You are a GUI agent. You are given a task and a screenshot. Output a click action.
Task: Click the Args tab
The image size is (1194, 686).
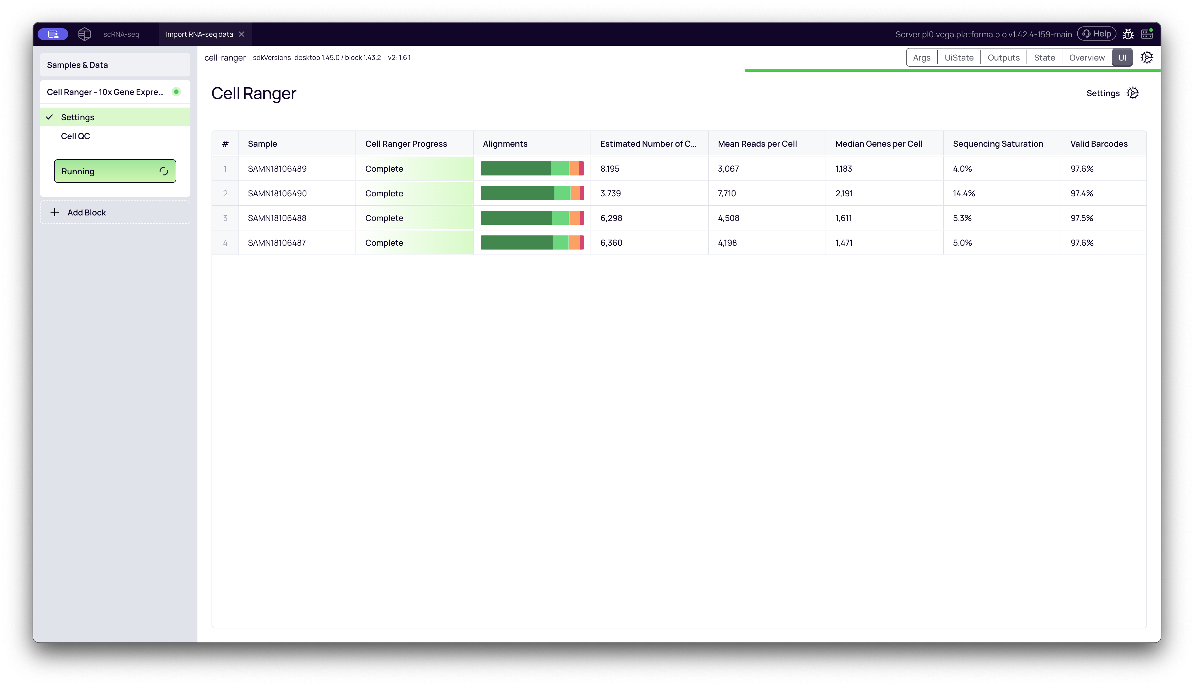pos(921,58)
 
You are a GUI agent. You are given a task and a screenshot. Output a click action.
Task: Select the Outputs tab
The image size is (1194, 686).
pos(1003,58)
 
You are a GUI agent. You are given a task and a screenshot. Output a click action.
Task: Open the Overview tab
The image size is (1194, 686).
pos(1087,58)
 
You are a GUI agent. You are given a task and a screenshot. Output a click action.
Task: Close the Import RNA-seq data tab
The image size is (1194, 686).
pos(242,34)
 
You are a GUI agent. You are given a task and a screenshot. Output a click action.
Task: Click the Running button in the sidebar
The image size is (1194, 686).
pos(115,171)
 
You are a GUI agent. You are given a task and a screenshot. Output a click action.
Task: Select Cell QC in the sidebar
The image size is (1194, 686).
pos(75,136)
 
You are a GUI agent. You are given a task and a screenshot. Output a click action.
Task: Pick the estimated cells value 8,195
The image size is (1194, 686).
pos(610,169)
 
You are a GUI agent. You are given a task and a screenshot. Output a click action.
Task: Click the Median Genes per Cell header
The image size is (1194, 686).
pos(878,144)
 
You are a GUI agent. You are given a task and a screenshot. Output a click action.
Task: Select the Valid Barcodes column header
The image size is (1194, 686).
pos(1099,144)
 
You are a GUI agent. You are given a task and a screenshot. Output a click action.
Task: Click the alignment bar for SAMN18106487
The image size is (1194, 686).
pos(532,243)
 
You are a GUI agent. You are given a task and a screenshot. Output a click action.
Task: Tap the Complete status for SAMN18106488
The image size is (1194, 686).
pos(384,218)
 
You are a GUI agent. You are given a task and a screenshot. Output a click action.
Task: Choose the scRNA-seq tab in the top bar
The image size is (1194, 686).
pos(121,34)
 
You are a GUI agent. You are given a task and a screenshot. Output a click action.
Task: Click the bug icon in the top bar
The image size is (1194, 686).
pos(1128,34)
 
